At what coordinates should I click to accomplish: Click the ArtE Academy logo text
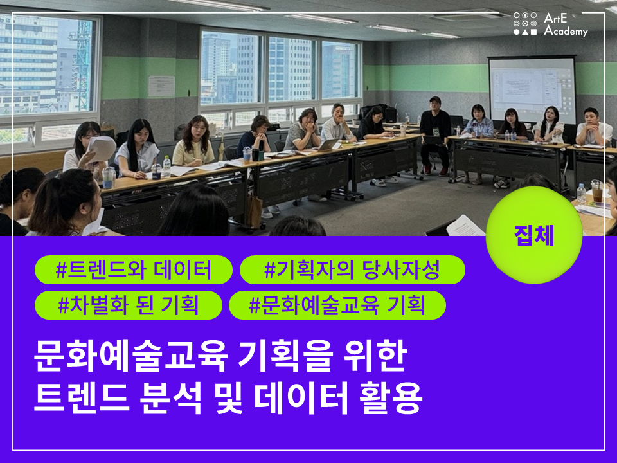tap(566, 24)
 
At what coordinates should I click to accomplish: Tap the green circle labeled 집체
tap(534, 235)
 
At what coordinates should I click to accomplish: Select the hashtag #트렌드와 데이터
tap(134, 269)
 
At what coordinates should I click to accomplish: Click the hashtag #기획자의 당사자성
tap(352, 269)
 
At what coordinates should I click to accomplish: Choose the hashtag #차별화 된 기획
tap(129, 305)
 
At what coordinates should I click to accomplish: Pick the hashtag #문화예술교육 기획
tap(337, 305)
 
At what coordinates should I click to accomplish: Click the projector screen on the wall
tap(532, 90)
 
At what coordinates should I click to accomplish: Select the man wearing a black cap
tap(435, 134)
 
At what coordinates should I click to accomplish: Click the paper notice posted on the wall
tap(161, 86)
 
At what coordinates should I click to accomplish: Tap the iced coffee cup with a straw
tap(597, 191)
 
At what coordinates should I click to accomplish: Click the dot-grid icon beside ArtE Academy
tap(525, 24)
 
